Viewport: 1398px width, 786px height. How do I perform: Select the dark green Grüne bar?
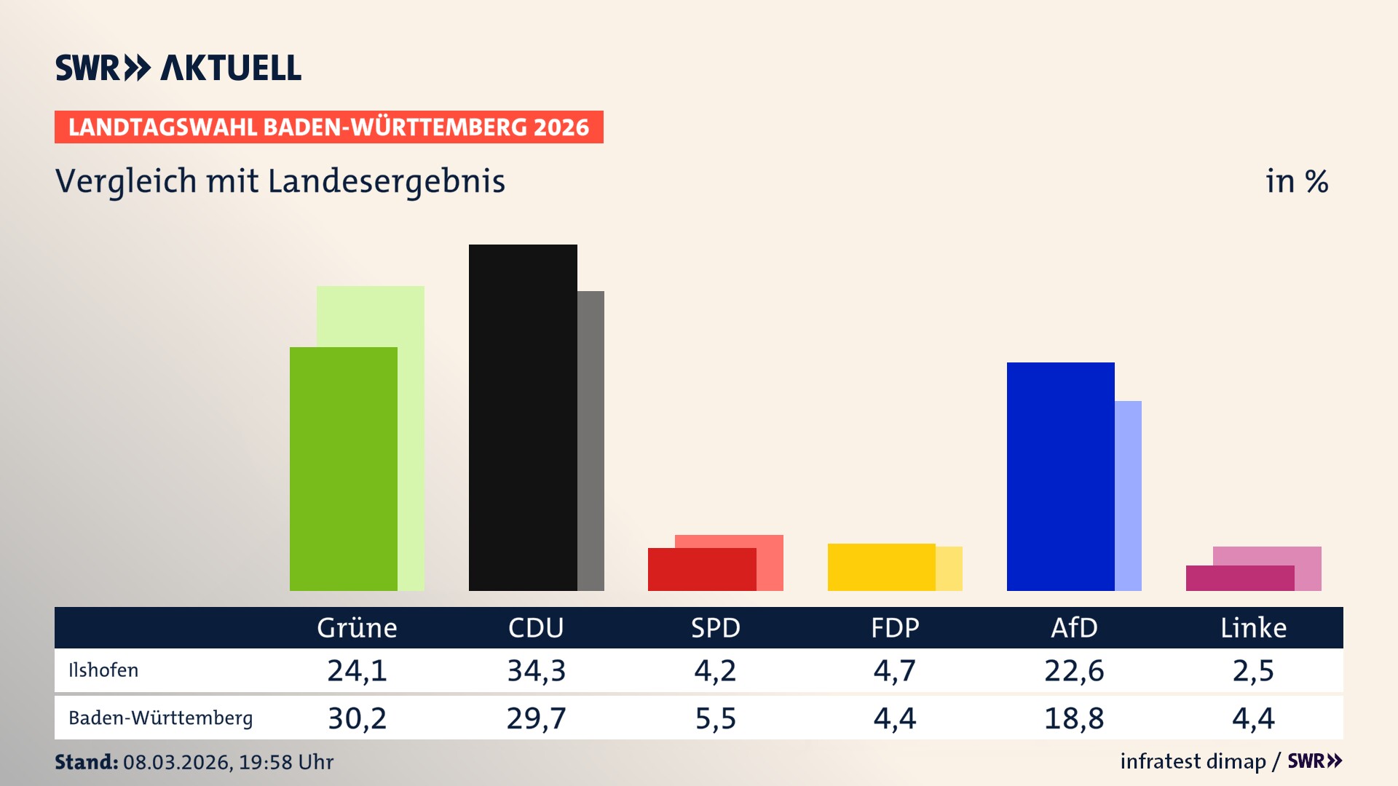click(x=343, y=469)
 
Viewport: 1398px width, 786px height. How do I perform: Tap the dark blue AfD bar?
click(x=1060, y=476)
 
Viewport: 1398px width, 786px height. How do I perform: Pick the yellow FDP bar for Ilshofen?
click(x=881, y=567)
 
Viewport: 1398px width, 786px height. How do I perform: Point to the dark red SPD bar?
click(x=701, y=570)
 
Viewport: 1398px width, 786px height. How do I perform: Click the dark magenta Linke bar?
click(x=1239, y=579)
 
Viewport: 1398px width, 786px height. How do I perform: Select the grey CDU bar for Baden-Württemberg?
click(x=591, y=440)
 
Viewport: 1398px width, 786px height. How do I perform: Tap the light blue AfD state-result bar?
click(x=1128, y=495)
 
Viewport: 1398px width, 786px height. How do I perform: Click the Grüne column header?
click(x=357, y=628)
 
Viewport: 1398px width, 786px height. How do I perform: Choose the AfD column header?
click(x=1074, y=628)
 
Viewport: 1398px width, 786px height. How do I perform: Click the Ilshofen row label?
click(x=103, y=670)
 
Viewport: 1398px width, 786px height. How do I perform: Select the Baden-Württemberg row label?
click(x=160, y=718)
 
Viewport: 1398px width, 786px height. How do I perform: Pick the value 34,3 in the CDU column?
click(x=537, y=670)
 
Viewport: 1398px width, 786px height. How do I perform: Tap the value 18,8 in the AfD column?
click(x=1074, y=718)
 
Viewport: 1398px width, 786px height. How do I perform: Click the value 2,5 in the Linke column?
click(x=1253, y=670)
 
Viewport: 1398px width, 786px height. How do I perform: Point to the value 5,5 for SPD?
click(x=716, y=718)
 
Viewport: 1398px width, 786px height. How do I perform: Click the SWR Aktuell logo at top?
click(x=178, y=68)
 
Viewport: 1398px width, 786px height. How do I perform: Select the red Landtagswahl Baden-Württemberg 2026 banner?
click(x=328, y=127)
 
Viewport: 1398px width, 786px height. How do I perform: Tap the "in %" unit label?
click(x=1297, y=181)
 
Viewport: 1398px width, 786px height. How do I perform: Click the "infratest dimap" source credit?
click(x=1193, y=761)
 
